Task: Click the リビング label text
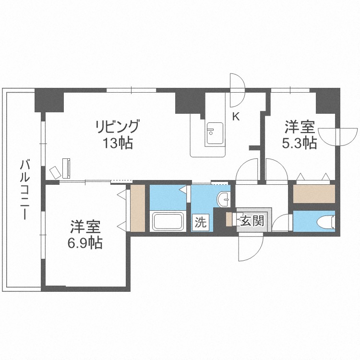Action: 118,127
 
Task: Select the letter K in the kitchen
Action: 236,116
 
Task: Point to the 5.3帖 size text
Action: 300,143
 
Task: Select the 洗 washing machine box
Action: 201,222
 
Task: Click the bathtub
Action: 168,221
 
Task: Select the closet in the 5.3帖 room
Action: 313,193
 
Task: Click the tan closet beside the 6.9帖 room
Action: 138,207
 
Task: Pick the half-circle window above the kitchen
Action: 237,90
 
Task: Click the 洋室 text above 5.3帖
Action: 300,128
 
